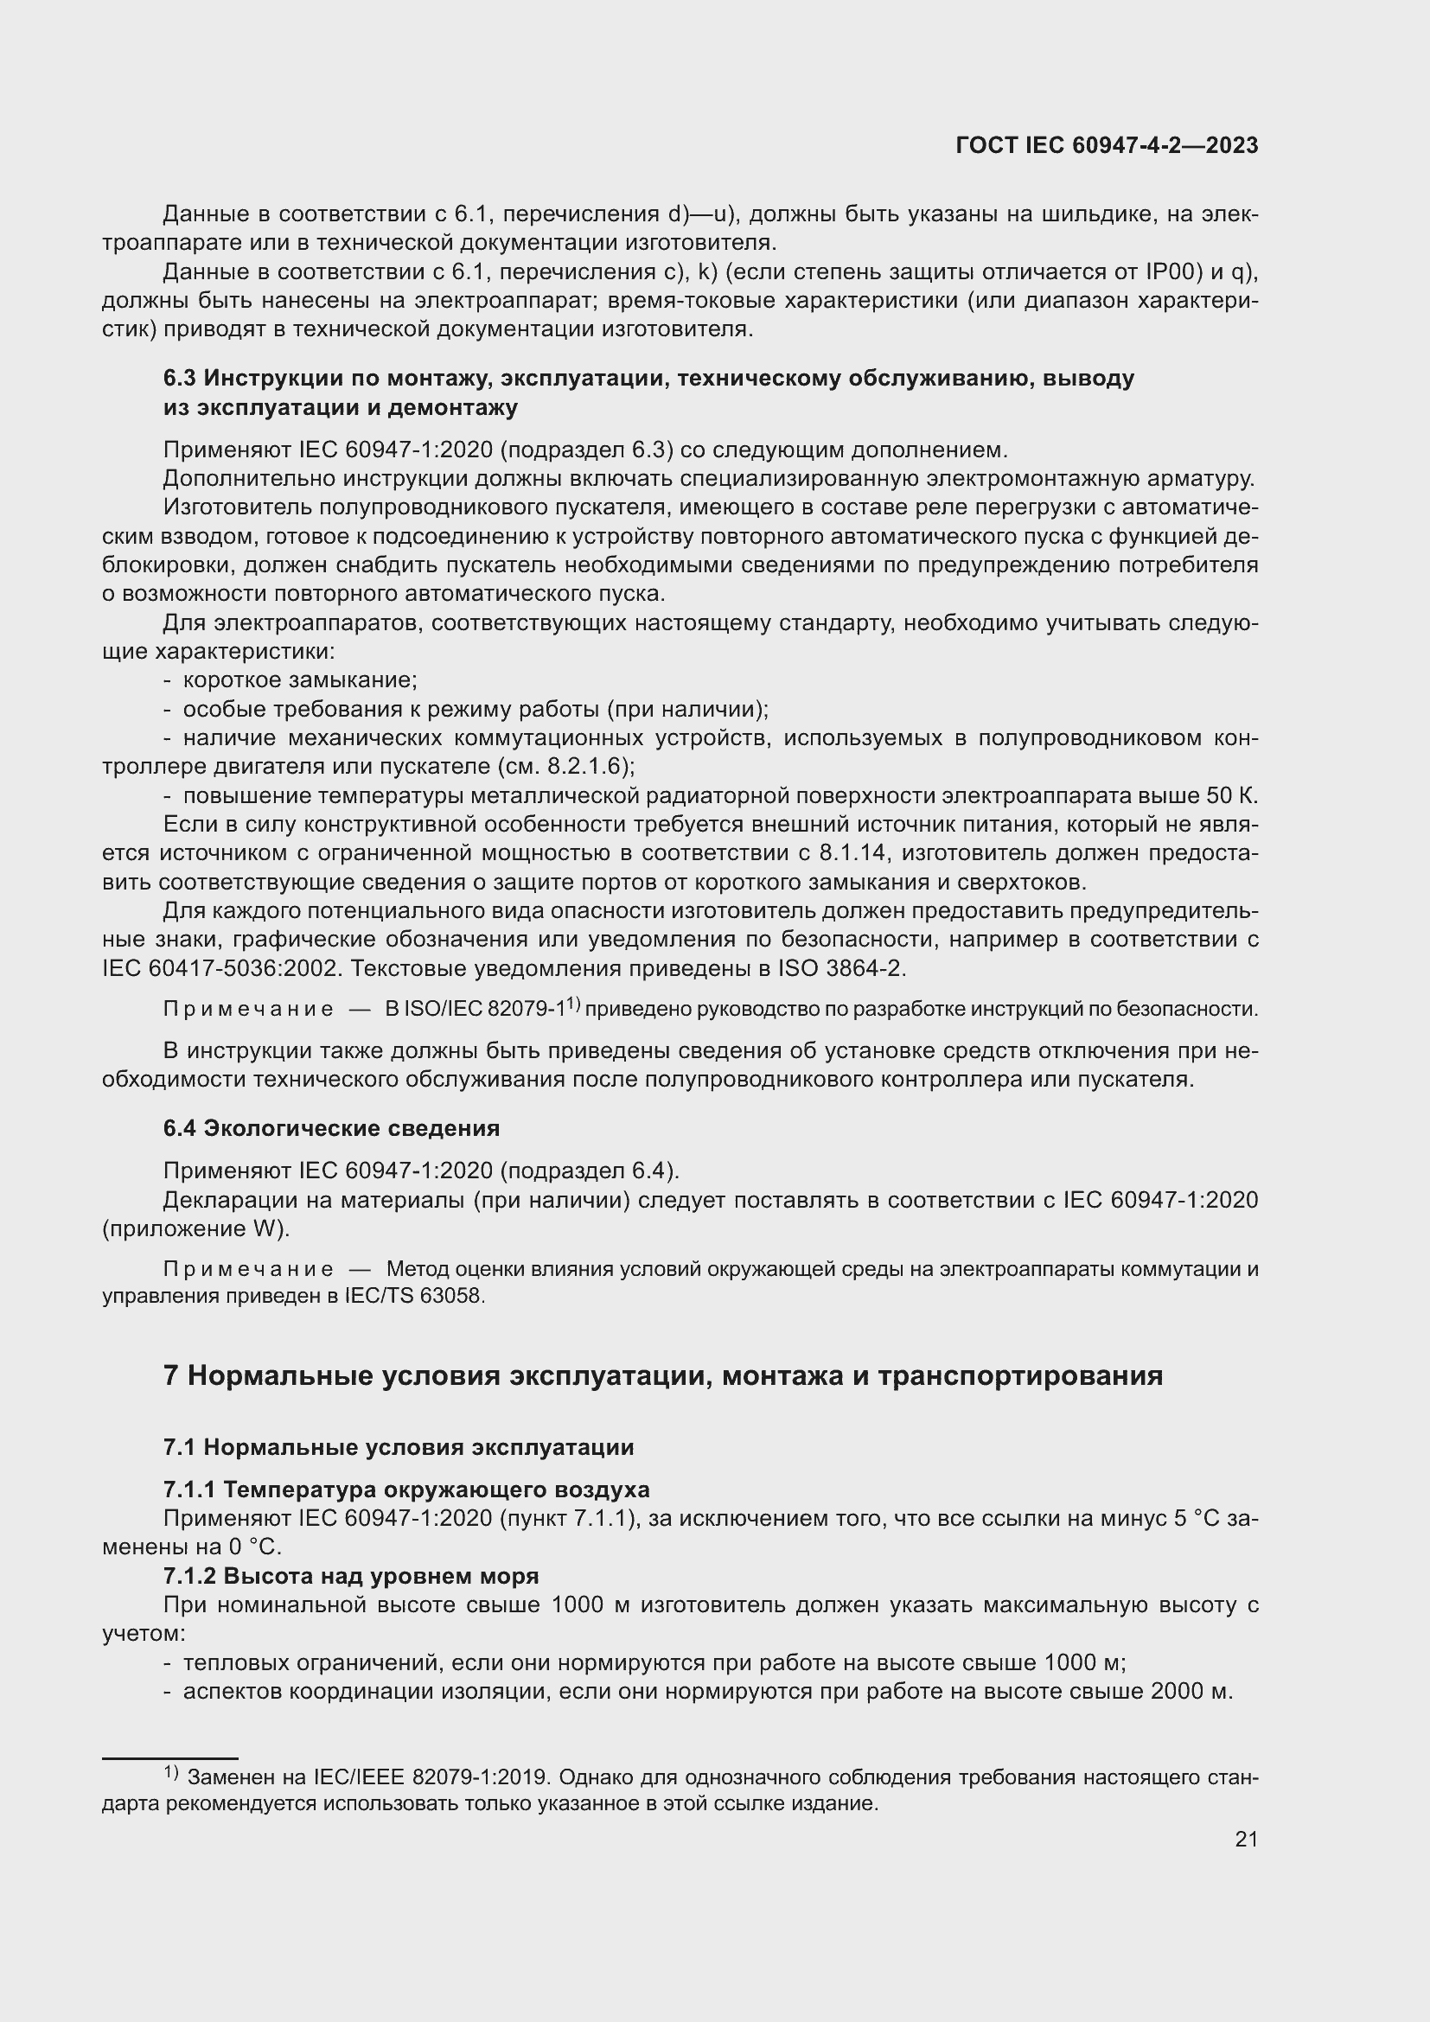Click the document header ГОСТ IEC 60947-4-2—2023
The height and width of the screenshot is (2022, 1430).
1106,146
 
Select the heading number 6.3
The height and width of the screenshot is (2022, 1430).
181,379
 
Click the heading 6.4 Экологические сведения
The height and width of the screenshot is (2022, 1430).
331,1128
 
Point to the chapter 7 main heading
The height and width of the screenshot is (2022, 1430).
662,1375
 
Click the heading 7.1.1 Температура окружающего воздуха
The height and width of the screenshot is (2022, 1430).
406,1489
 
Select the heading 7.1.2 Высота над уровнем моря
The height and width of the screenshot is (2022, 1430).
350,1576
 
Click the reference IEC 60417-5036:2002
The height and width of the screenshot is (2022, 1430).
220,969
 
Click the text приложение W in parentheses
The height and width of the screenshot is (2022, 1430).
195,1228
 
